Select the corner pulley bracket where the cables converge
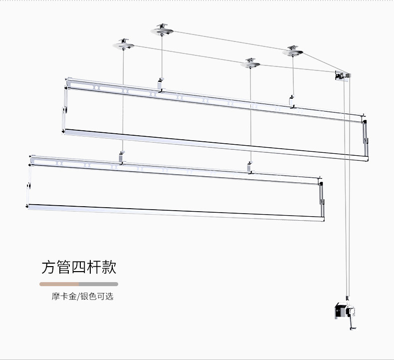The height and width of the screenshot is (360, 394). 342,75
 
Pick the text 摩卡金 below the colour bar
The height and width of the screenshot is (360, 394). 63,297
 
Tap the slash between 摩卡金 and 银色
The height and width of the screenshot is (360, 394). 79,297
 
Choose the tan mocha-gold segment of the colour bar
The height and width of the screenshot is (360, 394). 59,284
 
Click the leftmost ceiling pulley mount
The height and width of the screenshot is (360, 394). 123,45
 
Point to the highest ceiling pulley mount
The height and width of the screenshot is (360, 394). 163,30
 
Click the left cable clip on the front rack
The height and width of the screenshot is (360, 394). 122,158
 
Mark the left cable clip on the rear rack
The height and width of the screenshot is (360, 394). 160,85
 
